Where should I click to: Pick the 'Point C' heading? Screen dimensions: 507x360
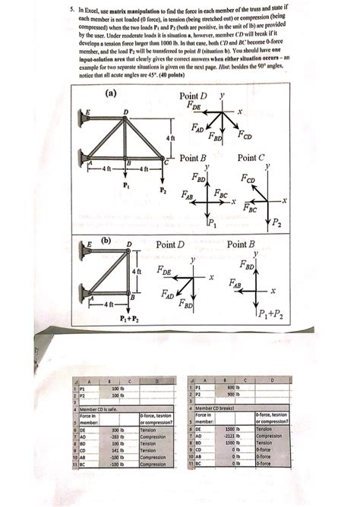click(253, 158)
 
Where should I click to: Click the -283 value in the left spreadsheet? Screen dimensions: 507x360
click(115, 436)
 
